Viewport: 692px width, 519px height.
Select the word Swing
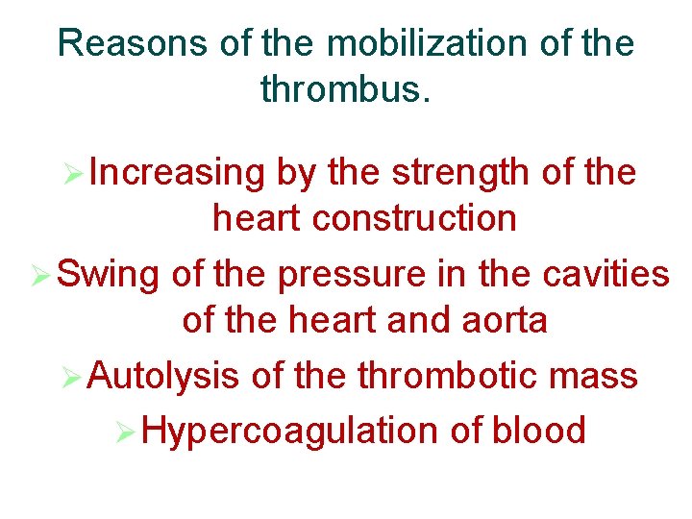(x=109, y=275)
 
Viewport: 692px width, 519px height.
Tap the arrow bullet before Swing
(x=41, y=277)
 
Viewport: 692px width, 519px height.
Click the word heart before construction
(x=256, y=218)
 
